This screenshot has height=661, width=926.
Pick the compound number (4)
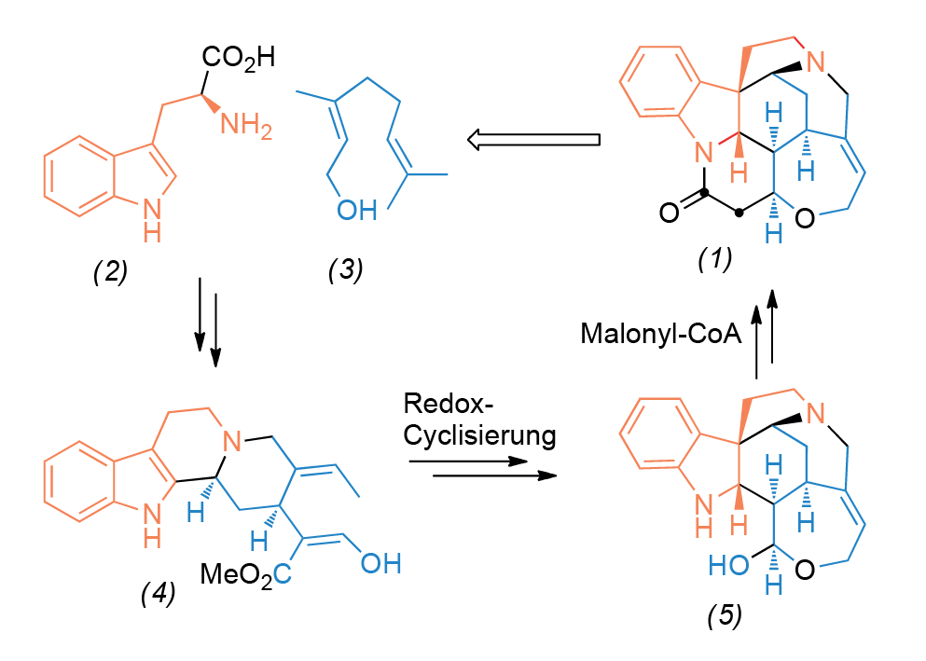tap(158, 597)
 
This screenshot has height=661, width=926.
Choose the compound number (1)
tap(715, 259)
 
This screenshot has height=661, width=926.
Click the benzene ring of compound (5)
tap(663, 431)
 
